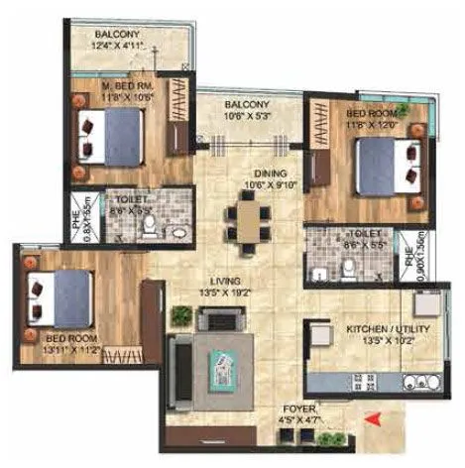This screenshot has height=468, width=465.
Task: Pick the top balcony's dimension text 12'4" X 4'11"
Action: pyautogui.click(x=117, y=46)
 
